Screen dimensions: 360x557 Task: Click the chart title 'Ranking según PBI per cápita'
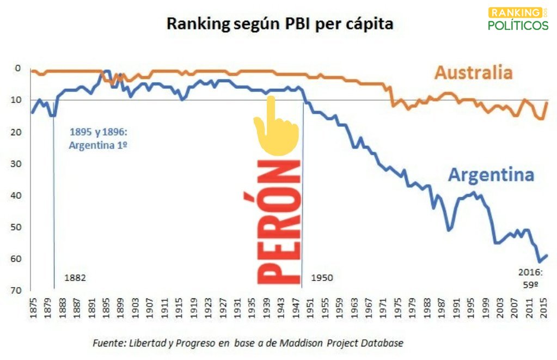(279, 25)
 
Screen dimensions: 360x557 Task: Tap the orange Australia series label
(473, 73)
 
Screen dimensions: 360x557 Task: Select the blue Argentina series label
(491, 175)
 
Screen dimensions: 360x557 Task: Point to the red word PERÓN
(279, 222)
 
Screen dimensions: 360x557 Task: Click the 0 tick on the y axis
(18, 69)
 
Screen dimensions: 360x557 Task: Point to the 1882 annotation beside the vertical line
(75, 278)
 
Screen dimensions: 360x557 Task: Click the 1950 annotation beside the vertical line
(322, 278)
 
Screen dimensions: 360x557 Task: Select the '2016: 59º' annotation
(530, 278)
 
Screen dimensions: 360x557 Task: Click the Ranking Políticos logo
(518, 19)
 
